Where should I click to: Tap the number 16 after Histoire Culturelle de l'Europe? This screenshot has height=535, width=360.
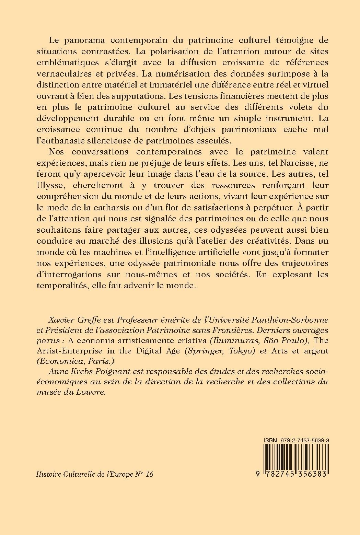(x=149, y=474)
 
